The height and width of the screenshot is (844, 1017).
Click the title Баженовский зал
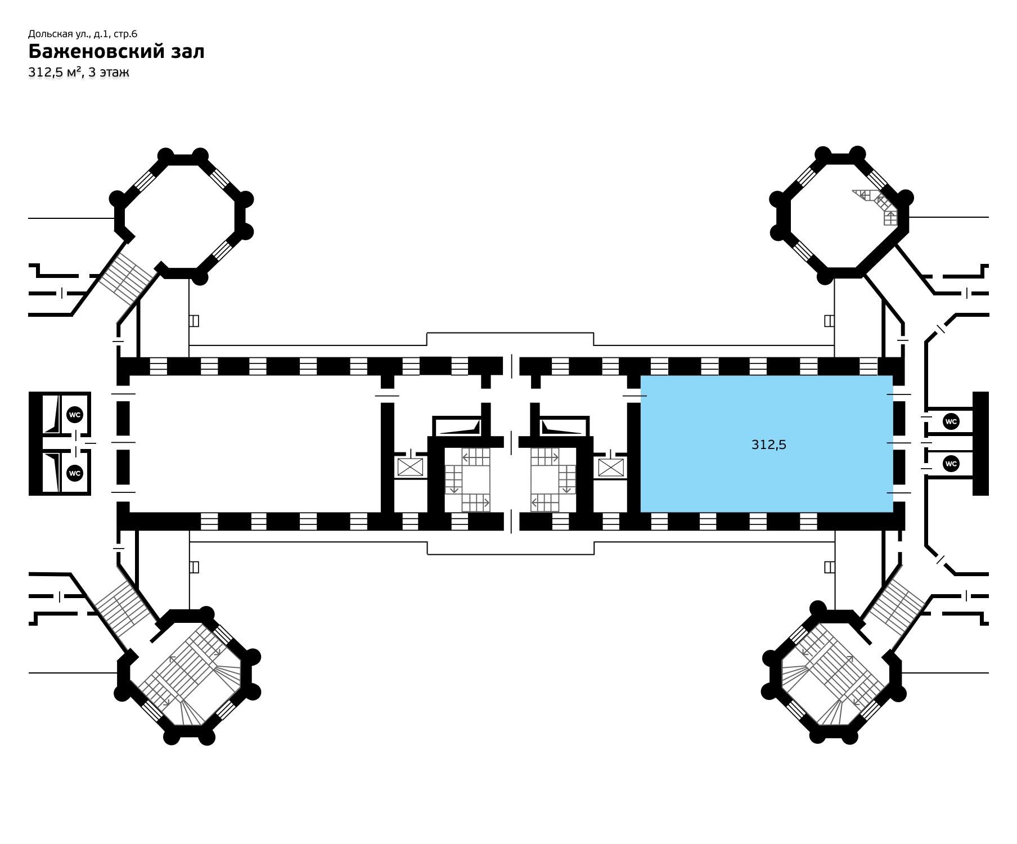click(x=116, y=51)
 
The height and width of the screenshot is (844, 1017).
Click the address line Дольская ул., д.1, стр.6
click(x=83, y=34)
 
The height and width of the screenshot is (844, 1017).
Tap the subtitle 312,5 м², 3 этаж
click(x=79, y=72)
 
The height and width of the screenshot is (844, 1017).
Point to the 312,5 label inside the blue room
click(x=769, y=445)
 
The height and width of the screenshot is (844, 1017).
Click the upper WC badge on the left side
click(x=75, y=415)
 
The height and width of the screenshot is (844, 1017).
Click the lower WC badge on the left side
click(x=75, y=473)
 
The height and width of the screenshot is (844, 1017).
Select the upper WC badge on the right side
click(x=951, y=421)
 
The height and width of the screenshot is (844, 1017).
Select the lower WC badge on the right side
click(x=951, y=464)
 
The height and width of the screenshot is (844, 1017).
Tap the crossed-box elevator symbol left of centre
click(x=410, y=467)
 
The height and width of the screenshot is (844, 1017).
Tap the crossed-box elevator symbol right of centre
click(x=611, y=467)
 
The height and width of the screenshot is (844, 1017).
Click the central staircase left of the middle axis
click(x=467, y=479)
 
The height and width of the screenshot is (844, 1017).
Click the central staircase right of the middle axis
click(x=553, y=479)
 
